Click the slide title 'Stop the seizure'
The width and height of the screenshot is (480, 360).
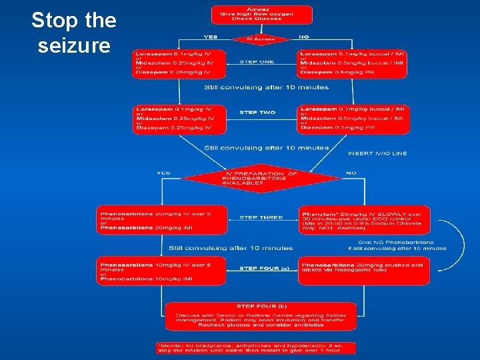(x=73, y=33)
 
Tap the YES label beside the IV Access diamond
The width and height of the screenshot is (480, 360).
(x=211, y=36)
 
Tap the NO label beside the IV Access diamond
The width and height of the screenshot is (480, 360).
(x=303, y=36)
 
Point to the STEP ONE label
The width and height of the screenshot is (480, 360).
(x=257, y=61)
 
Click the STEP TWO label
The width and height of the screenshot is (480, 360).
(x=257, y=112)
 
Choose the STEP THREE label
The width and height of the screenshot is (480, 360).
(x=261, y=217)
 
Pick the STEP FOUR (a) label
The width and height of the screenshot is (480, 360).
(x=264, y=269)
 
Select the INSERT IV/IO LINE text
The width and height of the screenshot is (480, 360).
(x=377, y=153)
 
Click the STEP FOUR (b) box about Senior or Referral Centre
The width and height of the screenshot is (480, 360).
(x=261, y=316)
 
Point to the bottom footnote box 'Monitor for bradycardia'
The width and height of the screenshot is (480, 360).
(x=257, y=347)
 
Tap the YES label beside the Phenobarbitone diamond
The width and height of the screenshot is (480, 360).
(x=163, y=173)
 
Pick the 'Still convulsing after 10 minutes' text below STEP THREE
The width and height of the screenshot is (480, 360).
(x=231, y=248)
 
